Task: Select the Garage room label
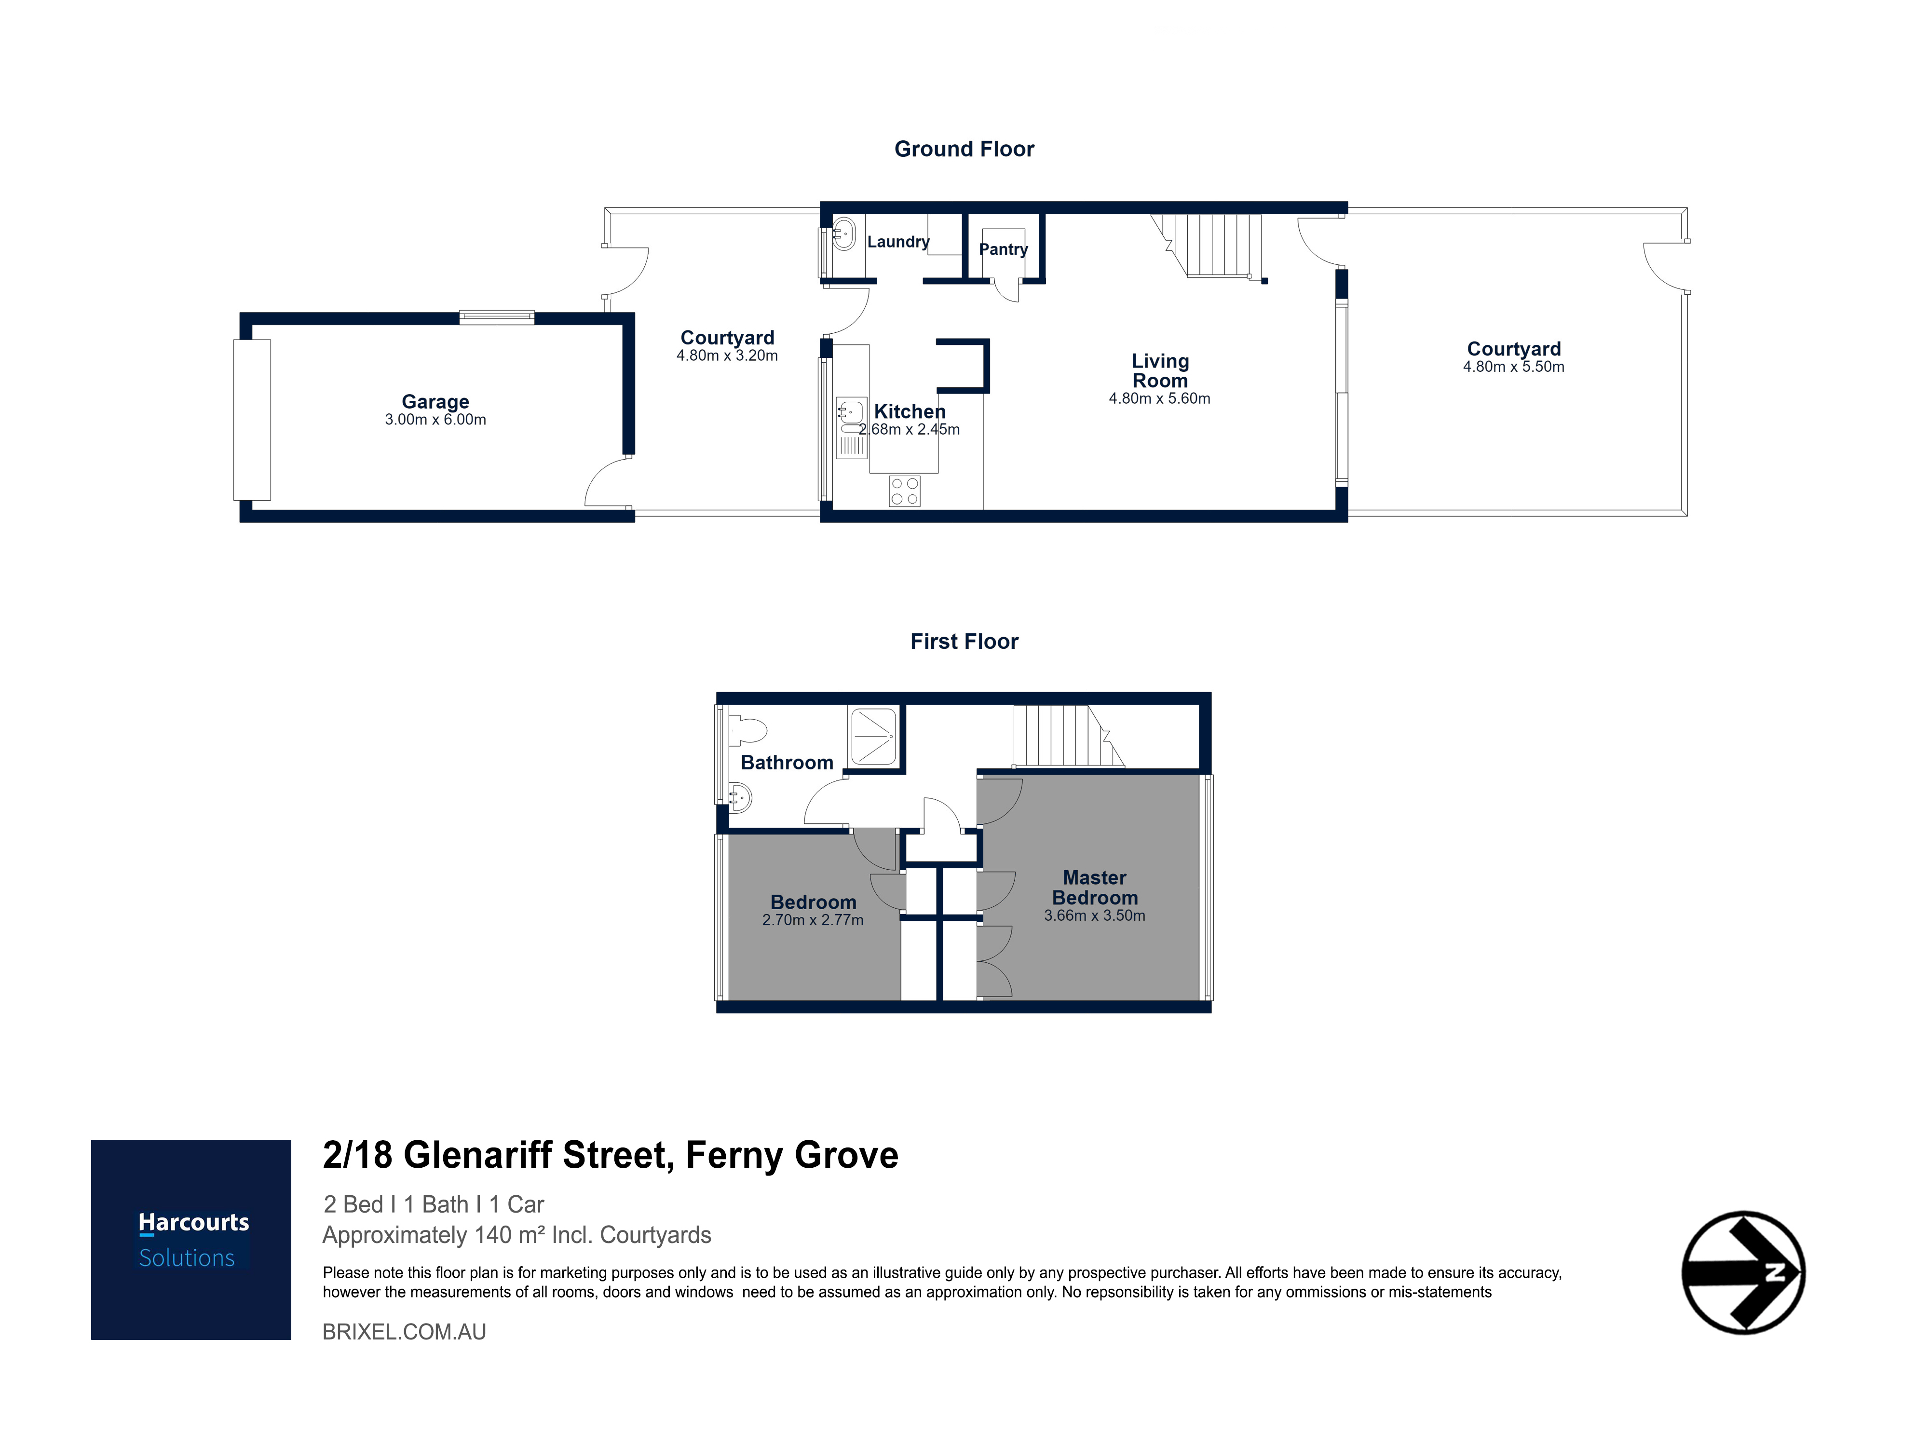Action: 435,401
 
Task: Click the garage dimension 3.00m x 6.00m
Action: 435,420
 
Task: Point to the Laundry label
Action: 898,242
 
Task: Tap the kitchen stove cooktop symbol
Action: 904,491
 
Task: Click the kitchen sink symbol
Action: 850,427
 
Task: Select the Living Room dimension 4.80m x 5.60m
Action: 1159,398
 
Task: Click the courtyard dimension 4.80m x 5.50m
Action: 1513,367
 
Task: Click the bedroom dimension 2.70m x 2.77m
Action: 813,920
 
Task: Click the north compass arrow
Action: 1742,1272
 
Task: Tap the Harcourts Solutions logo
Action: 191,1240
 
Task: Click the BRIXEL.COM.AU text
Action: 404,1332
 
